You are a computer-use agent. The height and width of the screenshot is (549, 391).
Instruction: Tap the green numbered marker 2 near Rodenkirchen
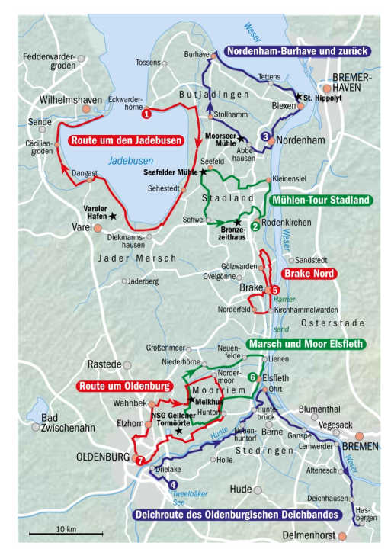[255, 236]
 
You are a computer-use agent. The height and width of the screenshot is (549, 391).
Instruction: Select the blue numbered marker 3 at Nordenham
[265, 136]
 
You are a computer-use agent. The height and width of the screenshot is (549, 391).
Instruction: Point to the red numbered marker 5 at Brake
[275, 290]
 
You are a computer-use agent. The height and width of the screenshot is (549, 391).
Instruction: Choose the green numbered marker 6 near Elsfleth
[252, 377]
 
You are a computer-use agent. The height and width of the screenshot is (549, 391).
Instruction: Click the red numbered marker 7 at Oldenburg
[139, 461]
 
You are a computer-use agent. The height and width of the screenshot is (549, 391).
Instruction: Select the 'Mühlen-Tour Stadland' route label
[319, 201]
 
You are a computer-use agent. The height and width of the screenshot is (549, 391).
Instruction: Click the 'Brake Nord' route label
[309, 274]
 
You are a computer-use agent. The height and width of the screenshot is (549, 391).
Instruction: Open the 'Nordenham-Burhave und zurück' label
[297, 51]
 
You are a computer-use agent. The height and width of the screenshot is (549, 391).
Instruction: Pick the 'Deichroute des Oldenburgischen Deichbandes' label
[236, 515]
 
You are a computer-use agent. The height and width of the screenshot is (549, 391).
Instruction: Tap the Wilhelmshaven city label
[73, 100]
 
